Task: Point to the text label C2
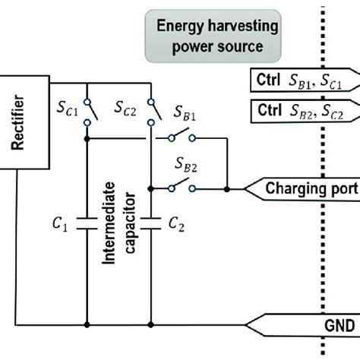tap(176, 223)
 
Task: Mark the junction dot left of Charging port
tap(226, 187)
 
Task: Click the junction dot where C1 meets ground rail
tap(88, 324)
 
